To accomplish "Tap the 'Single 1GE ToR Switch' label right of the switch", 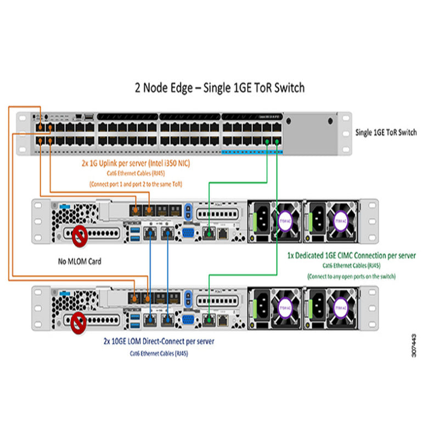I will coord(386,132).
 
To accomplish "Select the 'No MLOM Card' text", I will coord(80,261).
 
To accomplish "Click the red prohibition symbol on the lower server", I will coord(80,323).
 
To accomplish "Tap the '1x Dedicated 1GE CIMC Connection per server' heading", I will coord(351,256).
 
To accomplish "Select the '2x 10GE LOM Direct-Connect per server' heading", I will coord(159,341).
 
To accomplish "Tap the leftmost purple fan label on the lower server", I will coord(285,304).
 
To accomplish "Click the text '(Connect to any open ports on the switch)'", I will coord(351,276).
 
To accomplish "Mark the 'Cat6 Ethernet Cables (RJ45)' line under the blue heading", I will coord(159,353).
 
